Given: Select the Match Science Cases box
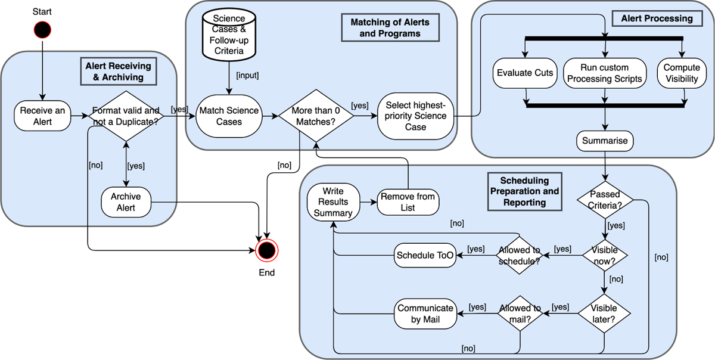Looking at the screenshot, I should (229, 116).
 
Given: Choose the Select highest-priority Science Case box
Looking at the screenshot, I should (415, 116).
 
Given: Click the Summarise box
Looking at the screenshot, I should (605, 142).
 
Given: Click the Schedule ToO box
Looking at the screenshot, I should (425, 256).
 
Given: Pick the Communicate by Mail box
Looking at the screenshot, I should (425, 314).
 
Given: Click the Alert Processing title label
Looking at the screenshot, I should (657, 18).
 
